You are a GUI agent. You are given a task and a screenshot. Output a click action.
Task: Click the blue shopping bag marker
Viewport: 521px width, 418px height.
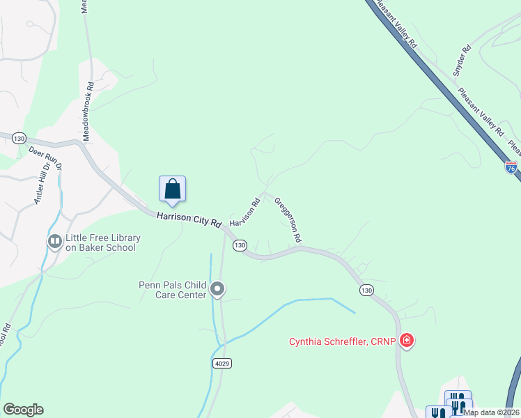[173, 189]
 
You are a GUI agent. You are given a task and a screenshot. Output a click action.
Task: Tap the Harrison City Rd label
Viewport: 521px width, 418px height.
[189, 219]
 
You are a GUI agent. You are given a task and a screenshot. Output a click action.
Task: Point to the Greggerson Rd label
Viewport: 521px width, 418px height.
[288, 219]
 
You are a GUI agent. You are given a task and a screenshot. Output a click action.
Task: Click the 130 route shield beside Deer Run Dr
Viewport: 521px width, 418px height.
[19, 139]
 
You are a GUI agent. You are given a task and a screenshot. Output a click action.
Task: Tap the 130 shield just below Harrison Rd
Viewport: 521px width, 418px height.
[240, 245]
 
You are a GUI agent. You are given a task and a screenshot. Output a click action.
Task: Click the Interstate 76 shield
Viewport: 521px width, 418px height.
[511, 167]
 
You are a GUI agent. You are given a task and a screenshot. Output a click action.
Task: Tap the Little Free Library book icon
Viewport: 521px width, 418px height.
[54, 241]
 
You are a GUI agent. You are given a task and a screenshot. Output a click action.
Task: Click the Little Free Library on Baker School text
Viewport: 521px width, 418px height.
[103, 242]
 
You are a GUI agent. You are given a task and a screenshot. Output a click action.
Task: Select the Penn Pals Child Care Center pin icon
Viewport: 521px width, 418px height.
[217, 288]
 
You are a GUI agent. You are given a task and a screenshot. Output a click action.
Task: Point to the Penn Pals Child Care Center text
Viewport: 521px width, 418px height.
[172, 290]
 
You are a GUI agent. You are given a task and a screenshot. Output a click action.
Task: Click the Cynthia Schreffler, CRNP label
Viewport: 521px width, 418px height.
[343, 341]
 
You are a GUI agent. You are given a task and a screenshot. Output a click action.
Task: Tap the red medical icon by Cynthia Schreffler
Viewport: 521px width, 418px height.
[407, 341]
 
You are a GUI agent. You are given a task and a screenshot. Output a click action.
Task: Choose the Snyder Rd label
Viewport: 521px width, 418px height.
[462, 60]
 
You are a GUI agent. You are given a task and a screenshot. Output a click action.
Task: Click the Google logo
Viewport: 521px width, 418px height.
[23, 410]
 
